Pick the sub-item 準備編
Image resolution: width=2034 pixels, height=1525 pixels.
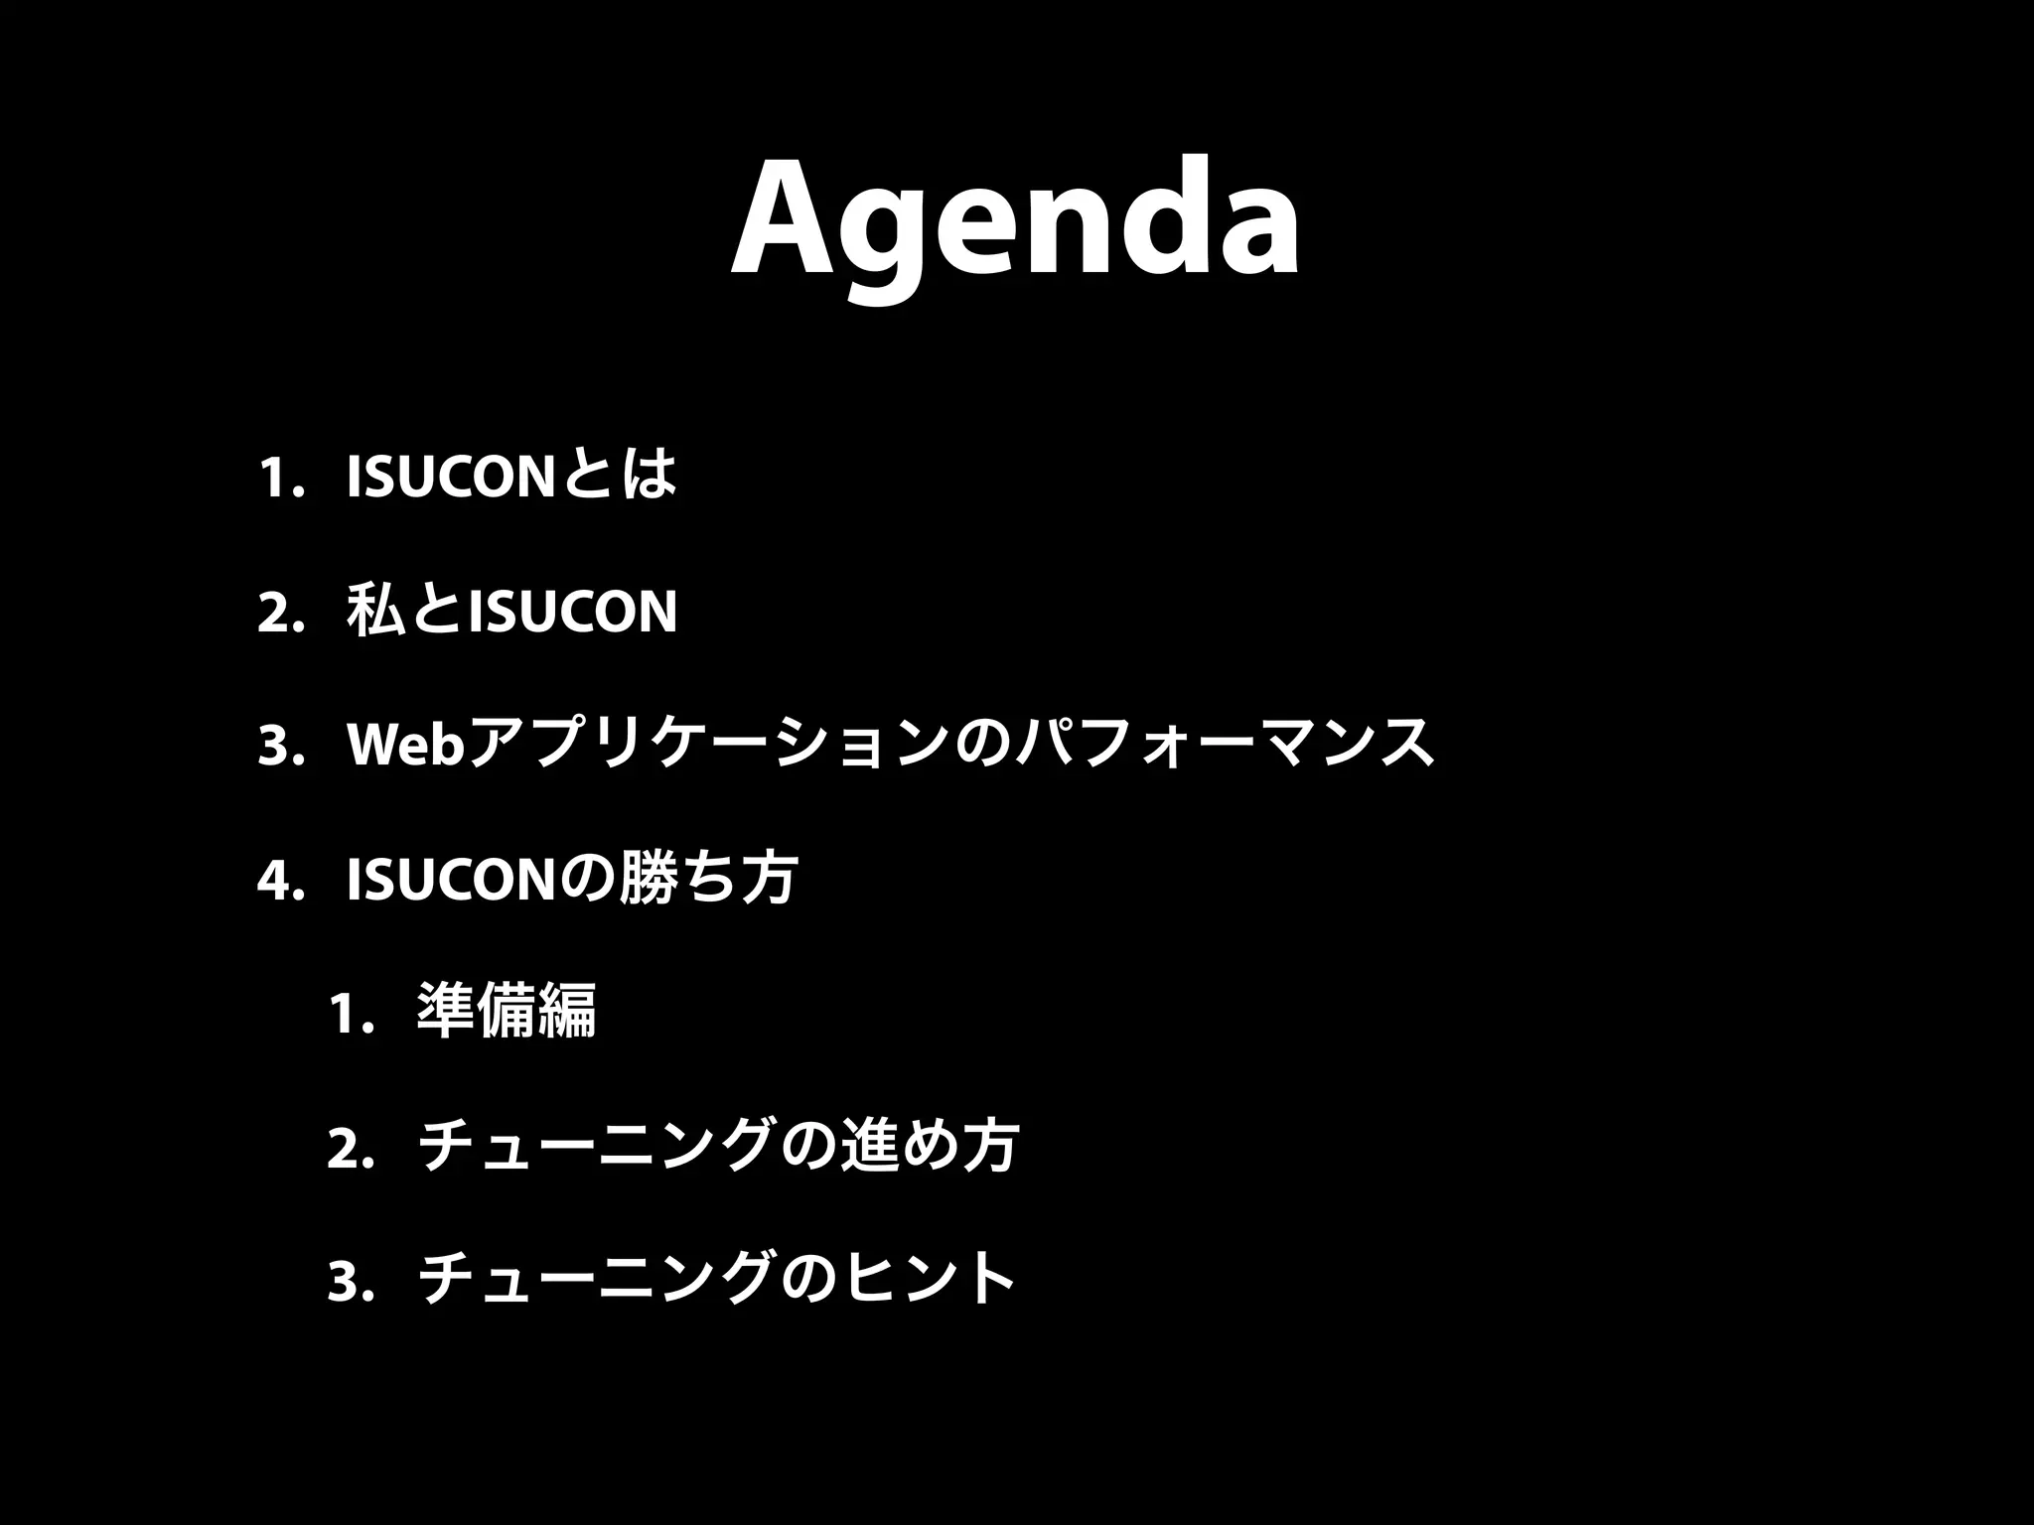pyautogui.click(x=507, y=1012)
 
